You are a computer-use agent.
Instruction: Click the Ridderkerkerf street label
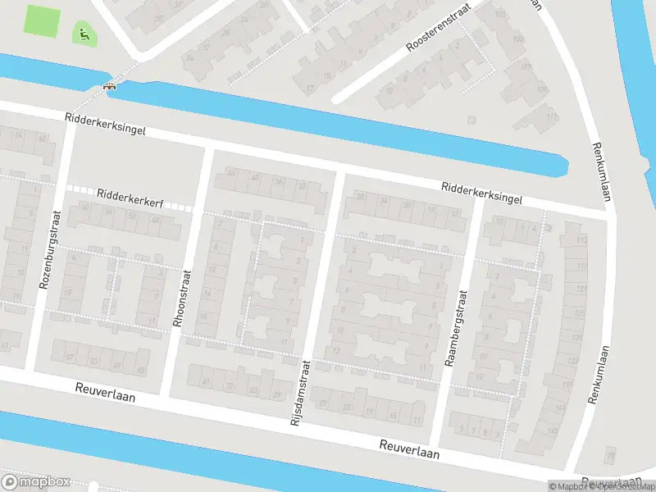tap(129, 196)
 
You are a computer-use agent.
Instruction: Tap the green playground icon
tap(82, 34)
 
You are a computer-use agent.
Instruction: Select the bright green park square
tap(43, 20)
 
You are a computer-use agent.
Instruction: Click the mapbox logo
tap(36, 482)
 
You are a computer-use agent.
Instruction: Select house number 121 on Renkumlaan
tap(581, 289)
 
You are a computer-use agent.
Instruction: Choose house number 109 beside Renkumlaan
tap(541, 89)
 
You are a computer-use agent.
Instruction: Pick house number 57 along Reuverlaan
tap(71, 358)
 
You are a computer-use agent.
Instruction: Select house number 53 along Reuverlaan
tap(93, 362)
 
